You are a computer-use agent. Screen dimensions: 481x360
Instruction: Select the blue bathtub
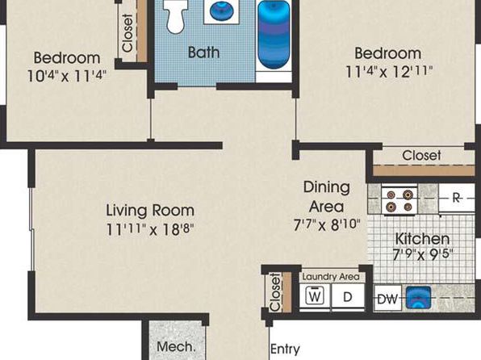(x=274, y=35)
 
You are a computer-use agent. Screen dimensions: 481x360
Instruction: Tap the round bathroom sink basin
(x=221, y=10)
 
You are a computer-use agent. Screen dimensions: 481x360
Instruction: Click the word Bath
(x=203, y=52)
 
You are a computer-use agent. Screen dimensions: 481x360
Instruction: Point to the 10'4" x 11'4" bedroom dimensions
(x=67, y=76)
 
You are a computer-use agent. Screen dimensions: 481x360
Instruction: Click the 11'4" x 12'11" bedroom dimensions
(x=389, y=72)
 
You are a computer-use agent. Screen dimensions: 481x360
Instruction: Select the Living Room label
(x=150, y=211)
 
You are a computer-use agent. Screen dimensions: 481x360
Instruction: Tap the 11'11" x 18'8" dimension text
(x=150, y=229)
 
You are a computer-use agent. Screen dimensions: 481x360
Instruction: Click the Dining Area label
(x=326, y=197)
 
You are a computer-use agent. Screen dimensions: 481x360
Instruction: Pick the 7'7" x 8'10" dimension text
(x=326, y=225)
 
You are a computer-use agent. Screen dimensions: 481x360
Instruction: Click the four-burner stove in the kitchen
(x=399, y=199)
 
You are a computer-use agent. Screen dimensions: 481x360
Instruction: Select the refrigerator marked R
(x=457, y=198)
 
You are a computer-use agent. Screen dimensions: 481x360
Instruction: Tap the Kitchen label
(x=422, y=239)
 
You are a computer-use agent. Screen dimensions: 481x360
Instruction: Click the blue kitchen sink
(x=418, y=297)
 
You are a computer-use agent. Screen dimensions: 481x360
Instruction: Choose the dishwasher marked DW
(x=387, y=299)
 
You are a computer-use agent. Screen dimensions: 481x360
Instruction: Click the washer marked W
(x=315, y=297)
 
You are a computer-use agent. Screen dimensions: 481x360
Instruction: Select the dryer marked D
(x=348, y=297)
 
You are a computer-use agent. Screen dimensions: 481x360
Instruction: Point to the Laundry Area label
(x=331, y=277)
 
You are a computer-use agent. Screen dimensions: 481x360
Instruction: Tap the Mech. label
(x=176, y=347)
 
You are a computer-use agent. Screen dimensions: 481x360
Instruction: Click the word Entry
(x=285, y=350)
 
